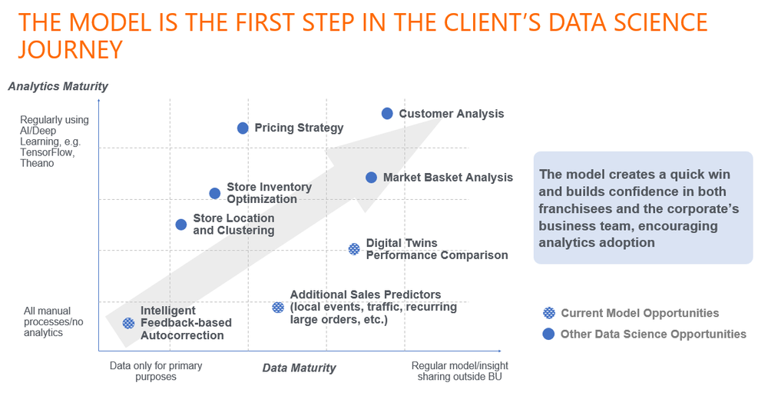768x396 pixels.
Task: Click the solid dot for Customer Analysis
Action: point(387,114)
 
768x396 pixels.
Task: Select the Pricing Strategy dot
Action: point(243,128)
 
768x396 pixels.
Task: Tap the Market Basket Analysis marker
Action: point(371,178)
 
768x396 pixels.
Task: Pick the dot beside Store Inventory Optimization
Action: point(215,193)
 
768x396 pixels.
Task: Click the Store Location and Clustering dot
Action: point(181,225)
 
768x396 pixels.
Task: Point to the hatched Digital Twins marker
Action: point(354,249)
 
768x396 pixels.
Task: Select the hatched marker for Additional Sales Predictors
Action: point(278,308)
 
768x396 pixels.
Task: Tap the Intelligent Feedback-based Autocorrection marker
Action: point(129,323)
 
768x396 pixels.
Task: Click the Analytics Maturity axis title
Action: point(58,86)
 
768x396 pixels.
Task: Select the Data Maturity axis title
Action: point(299,368)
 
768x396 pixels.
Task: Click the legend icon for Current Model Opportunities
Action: point(548,313)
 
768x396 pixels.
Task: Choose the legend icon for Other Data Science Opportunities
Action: point(548,334)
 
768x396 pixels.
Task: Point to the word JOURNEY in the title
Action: point(70,49)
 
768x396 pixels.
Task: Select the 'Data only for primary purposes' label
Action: point(156,371)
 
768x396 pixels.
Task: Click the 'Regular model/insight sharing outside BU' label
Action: point(459,371)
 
